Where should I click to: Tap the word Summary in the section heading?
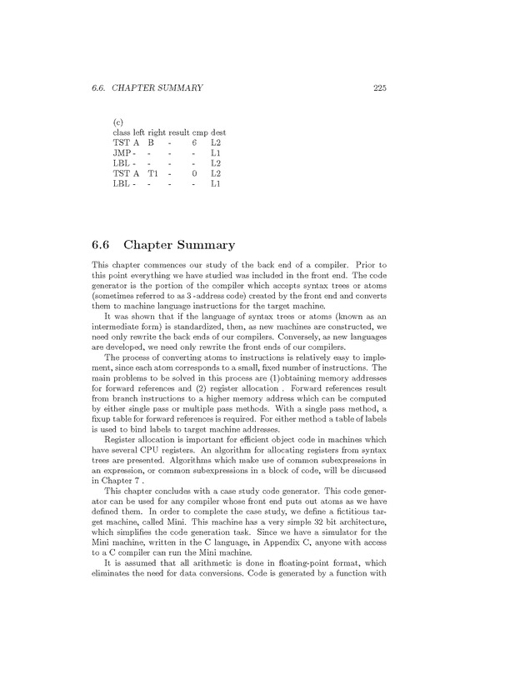[204, 245]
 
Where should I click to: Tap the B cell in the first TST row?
[151, 143]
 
